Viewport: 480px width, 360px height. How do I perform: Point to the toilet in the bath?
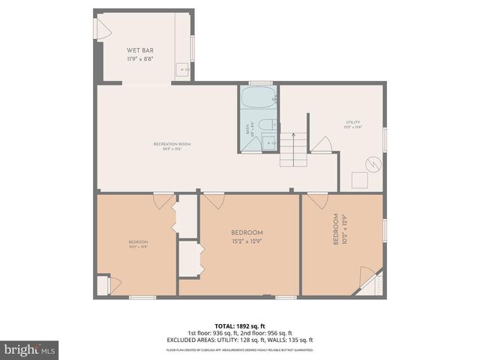click(x=274, y=124)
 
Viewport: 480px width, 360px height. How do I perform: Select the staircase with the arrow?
click(x=294, y=149)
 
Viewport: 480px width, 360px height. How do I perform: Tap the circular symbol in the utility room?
click(x=373, y=163)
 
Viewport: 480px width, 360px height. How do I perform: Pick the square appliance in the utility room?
click(x=360, y=180)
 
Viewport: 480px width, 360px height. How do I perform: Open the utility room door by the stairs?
click(x=322, y=145)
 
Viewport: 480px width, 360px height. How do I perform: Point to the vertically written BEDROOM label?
click(x=336, y=231)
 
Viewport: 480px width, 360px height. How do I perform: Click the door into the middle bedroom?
click(x=214, y=200)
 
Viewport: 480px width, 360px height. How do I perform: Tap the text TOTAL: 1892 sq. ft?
click(x=239, y=326)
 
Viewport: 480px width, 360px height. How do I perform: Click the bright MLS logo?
click(x=30, y=349)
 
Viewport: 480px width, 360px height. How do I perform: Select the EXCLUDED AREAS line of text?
click(x=239, y=340)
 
